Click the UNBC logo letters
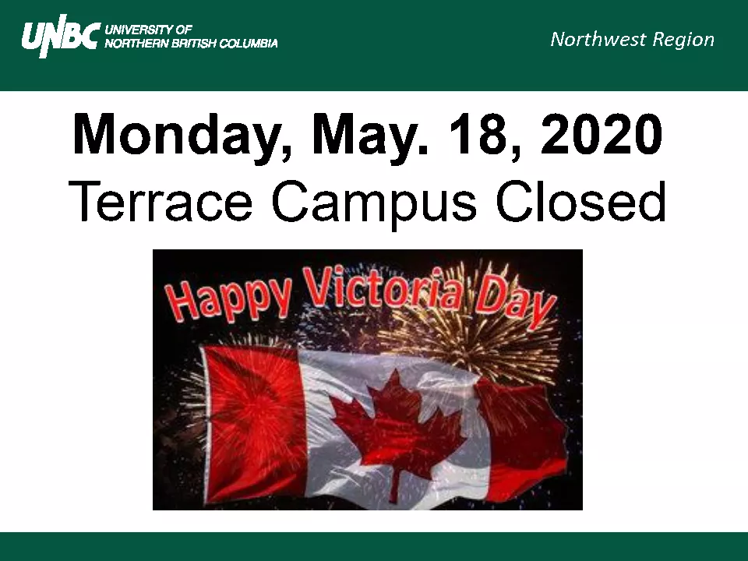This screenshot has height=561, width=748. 61,37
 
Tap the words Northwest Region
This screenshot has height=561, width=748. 632,40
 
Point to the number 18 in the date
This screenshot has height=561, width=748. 484,136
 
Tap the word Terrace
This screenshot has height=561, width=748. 161,200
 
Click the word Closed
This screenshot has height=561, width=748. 580,199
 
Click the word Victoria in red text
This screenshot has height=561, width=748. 383,288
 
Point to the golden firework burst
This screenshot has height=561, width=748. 472,324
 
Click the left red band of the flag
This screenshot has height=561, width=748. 256,425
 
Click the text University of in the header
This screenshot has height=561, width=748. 148,30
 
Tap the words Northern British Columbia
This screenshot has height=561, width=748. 191,44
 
